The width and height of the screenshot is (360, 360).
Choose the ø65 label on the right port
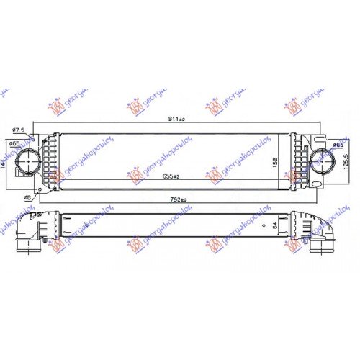[x=336, y=146]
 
